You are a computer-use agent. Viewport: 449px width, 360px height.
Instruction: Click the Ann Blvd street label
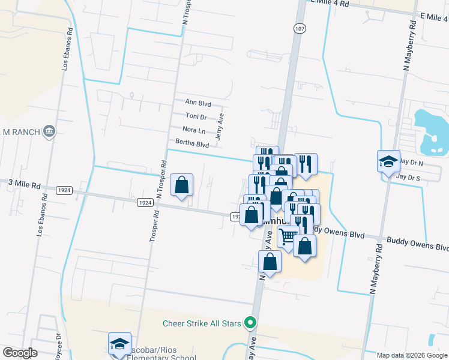pyautogui.click(x=198, y=103)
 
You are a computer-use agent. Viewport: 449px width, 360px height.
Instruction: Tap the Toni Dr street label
pyautogui.click(x=196, y=116)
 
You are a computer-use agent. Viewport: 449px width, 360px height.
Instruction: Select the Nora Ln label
pyautogui.click(x=194, y=130)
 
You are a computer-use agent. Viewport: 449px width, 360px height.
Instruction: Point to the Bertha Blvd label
pyautogui.click(x=192, y=143)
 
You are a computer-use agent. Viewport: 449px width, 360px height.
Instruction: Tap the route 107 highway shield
pyautogui.click(x=299, y=28)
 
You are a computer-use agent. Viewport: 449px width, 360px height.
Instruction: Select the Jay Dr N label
pyautogui.click(x=412, y=163)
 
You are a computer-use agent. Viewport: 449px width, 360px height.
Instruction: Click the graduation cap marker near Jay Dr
pyautogui.click(x=388, y=161)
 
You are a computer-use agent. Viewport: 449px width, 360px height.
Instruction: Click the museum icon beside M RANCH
pyautogui.click(x=49, y=131)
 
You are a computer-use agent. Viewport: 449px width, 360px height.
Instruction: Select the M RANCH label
pyautogui.click(x=22, y=132)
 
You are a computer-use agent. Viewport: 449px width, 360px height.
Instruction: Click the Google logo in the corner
pyautogui.click(x=20, y=353)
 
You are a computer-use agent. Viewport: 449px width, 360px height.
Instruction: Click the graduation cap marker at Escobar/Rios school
pyautogui.click(x=119, y=344)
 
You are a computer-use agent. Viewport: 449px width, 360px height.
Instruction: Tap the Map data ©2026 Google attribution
pyautogui.click(x=412, y=355)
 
